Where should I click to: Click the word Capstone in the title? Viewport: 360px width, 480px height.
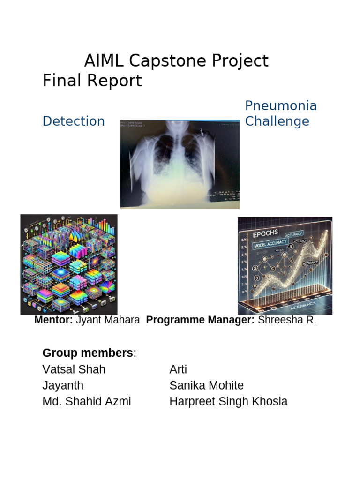(x=162, y=61)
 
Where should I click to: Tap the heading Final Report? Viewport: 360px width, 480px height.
(x=92, y=81)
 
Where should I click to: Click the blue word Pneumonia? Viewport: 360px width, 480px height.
(x=281, y=105)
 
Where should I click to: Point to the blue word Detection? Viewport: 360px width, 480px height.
(x=74, y=121)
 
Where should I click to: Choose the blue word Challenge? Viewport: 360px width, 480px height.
(x=277, y=121)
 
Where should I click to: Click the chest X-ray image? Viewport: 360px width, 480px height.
(x=180, y=164)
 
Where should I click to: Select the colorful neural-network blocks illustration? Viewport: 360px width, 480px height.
(x=69, y=264)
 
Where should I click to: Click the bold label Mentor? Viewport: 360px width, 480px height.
(x=53, y=320)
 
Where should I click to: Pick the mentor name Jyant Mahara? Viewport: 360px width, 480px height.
(x=108, y=320)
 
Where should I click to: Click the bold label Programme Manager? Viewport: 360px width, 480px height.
(x=200, y=320)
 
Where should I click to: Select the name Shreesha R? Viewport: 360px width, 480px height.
(x=287, y=320)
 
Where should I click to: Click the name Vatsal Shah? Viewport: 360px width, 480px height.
(x=74, y=369)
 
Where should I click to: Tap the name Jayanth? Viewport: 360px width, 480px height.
(x=63, y=385)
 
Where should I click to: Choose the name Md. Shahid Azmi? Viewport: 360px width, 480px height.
(x=87, y=401)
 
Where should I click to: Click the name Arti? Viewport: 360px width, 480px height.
(x=178, y=369)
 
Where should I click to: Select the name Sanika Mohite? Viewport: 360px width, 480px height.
(x=206, y=385)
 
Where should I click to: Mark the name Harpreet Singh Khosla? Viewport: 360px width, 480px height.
(x=228, y=401)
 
